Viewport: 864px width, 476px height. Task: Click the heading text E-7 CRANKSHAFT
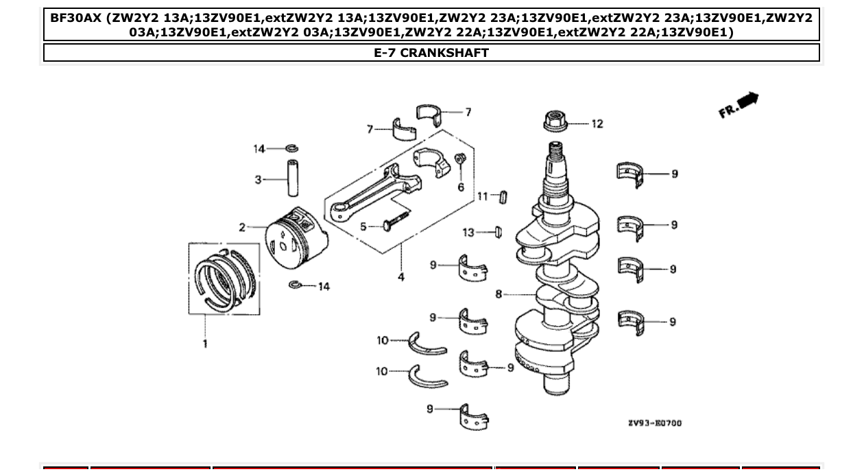431,53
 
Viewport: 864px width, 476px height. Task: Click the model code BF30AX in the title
75,17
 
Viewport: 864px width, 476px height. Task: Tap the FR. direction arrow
739,105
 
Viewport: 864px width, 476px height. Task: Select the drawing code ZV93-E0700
654,423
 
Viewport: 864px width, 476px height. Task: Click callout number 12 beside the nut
597,124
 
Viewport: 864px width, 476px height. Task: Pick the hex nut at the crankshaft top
555,122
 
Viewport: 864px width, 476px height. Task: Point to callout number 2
242,228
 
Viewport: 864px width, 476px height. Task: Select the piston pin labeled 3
293,178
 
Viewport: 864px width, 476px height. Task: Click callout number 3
258,180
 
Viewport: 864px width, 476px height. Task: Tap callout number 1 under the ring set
204,344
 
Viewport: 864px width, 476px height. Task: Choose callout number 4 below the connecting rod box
400,277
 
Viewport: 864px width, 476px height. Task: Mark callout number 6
461,187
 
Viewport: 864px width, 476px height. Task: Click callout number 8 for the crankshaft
499,294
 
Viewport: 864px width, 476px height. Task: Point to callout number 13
468,233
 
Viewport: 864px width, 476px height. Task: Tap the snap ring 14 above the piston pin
291,149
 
